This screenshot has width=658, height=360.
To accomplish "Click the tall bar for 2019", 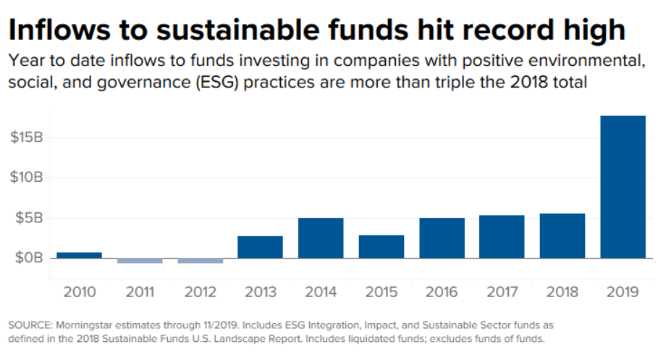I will click(x=623, y=187).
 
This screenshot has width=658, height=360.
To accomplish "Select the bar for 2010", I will click(x=79, y=255).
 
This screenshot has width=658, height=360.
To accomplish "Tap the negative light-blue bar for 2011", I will click(x=139, y=260).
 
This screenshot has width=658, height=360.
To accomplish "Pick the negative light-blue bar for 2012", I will click(x=200, y=260).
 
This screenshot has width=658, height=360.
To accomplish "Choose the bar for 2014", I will click(x=321, y=238).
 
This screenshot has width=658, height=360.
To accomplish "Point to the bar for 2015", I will click(x=381, y=246).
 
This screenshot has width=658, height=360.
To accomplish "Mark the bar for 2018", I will click(x=562, y=235).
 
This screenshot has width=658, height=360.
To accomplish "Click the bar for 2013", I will click(x=260, y=247).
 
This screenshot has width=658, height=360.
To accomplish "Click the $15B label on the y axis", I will click(x=26, y=138).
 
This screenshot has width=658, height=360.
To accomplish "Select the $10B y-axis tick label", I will click(x=26, y=177).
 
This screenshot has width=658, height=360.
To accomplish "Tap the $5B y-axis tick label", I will click(x=29, y=218).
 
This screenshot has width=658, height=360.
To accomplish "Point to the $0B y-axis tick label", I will click(x=29, y=258).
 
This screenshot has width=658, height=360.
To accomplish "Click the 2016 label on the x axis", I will click(x=442, y=292).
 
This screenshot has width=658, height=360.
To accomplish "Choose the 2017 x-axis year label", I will click(x=502, y=292).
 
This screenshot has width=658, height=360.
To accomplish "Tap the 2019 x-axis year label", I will click(x=623, y=292).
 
